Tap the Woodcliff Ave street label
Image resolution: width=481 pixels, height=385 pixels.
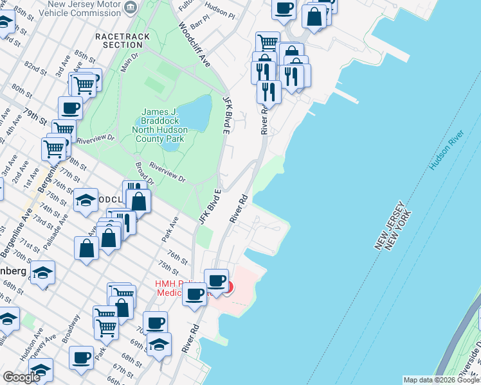[194, 45]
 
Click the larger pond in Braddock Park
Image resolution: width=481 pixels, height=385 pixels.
[197, 112]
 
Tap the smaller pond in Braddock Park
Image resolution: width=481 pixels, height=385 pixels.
[170, 146]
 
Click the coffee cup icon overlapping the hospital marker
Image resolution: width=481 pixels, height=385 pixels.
[217, 280]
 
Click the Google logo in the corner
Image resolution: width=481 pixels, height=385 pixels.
[21, 377]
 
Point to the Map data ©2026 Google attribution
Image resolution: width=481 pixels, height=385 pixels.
[441, 380]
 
